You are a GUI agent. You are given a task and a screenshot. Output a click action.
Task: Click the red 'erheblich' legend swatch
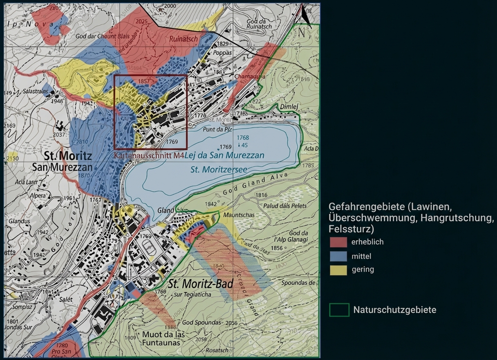coord(338,242)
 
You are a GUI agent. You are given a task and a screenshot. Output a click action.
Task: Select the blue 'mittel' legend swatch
coord(338,256)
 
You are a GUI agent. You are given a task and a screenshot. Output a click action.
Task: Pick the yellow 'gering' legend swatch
coord(338,270)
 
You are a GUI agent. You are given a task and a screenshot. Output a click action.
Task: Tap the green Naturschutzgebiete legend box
coord(339,310)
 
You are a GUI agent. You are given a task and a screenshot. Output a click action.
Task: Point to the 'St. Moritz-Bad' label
coord(196,283)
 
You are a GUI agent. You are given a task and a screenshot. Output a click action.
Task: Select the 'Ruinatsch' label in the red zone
coord(184,39)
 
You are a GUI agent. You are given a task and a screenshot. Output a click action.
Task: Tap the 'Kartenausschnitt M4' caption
coord(149,156)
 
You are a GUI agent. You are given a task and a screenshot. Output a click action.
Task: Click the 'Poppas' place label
coord(222,53)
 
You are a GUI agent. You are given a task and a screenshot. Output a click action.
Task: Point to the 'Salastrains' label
coord(36,91)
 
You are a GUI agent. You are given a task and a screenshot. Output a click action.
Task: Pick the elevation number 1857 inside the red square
coord(144,81)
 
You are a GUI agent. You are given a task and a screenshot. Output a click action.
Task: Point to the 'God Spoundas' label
coord(198,323)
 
